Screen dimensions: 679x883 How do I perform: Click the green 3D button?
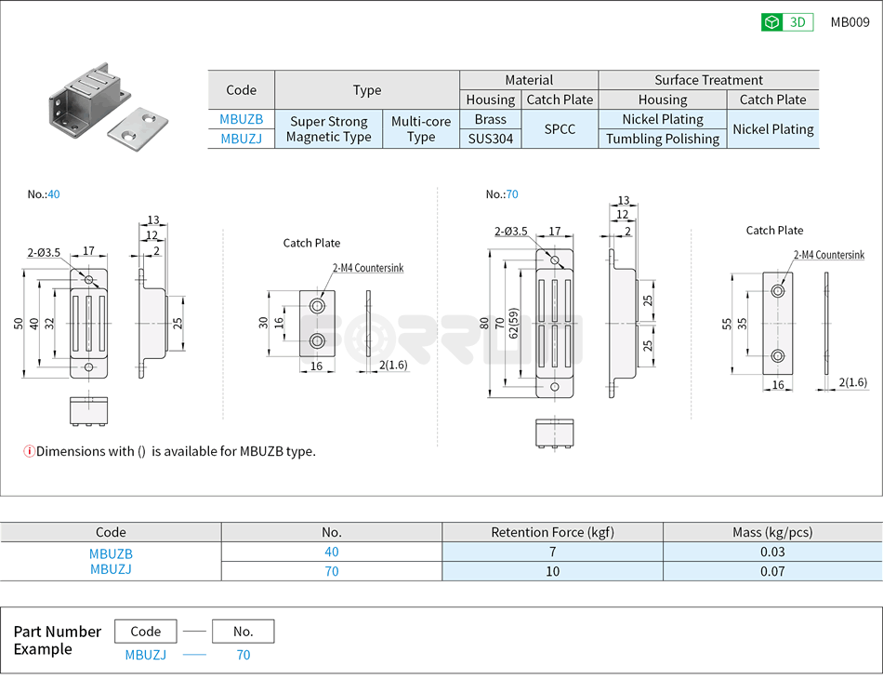(x=787, y=22)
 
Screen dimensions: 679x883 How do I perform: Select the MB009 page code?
(x=850, y=22)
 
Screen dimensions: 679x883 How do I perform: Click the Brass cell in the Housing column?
(x=490, y=119)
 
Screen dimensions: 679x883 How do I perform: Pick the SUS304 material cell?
(x=490, y=139)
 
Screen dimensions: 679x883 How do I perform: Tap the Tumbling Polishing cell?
(x=662, y=139)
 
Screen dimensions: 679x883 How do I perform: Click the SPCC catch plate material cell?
(x=559, y=129)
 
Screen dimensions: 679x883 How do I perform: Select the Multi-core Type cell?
(x=420, y=129)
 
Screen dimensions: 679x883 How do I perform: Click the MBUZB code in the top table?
(x=241, y=119)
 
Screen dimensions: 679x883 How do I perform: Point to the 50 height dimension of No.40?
(x=19, y=323)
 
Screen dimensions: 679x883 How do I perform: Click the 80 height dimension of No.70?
(x=484, y=324)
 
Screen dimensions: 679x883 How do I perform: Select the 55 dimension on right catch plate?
(x=727, y=324)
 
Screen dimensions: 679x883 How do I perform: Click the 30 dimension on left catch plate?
(x=264, y=322)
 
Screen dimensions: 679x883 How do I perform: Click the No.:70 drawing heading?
(x=502, y=194)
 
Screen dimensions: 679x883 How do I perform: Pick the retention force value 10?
(x=552, y=571)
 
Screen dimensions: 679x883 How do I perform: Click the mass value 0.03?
(x=771, y=552)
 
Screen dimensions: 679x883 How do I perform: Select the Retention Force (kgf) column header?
(x=552, y=532)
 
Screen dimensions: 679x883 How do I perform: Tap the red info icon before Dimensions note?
(x=29, y=451)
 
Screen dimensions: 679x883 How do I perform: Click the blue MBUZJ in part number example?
(x=146, y=655)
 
